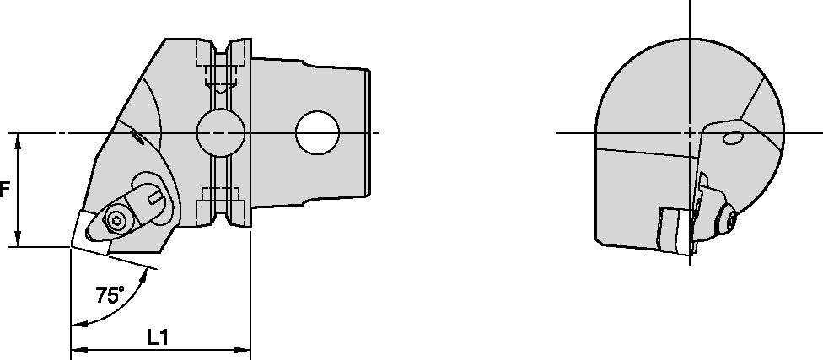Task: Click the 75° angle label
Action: (109, 295)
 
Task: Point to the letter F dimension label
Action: (4, 191)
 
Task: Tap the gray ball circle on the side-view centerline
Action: (220, 133)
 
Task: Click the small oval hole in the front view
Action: (733, 137)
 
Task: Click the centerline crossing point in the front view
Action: (690, 133)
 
